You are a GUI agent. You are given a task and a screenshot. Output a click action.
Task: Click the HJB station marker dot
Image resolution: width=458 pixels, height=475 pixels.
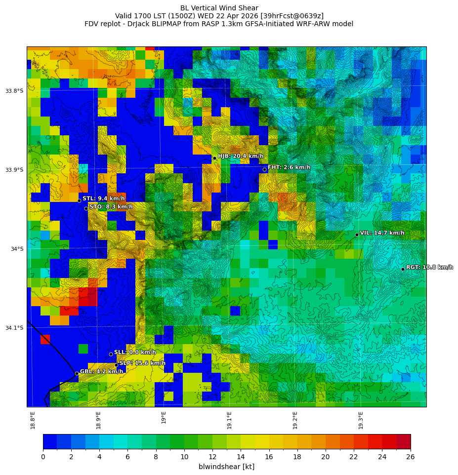click(x=214, y=158)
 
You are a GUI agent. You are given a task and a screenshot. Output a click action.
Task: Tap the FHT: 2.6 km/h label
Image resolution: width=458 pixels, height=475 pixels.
click(x=289, y=167)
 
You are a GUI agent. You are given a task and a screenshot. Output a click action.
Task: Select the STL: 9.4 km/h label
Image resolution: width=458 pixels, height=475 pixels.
click(x=103, y=198)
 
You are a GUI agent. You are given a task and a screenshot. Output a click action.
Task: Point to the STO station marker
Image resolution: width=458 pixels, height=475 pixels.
click(x=86, y=208)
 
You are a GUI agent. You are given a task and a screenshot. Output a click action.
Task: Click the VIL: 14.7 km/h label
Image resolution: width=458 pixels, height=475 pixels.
click(x=382, y=233)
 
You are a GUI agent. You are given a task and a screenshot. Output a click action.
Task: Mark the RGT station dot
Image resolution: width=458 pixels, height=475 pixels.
click(x=403, y=269)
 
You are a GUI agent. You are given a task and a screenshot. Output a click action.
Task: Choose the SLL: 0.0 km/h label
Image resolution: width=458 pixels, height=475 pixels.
click(x=135, y=353)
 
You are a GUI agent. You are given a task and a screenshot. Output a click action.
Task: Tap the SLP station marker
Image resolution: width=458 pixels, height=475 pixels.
click(x=117, y=365)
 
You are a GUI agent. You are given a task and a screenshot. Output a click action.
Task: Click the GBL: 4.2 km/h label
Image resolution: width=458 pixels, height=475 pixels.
click(x=101, y=372)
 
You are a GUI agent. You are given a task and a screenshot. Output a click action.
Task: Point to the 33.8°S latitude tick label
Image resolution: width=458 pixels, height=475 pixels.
click(x=14, y=91)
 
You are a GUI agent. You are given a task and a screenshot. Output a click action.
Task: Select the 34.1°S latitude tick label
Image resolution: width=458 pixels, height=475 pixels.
click(x=14, y=328)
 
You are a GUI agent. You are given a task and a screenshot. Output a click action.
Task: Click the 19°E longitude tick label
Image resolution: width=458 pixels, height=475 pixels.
click(x=164, y=417)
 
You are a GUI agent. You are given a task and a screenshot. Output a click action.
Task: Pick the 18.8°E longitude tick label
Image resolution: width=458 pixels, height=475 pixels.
click(x=33, y=420)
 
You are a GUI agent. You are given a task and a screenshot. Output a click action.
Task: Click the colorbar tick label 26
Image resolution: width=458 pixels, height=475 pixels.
click(x=410, y=457)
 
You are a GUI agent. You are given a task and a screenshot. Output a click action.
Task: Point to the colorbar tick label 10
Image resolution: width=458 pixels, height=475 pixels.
click(x=184, y=457)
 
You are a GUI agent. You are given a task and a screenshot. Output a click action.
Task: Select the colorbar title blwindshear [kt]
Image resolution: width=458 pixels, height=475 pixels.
click(x=226, y=467)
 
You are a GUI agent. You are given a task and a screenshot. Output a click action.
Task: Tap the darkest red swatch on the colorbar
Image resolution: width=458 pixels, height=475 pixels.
click(x=403, y=441)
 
